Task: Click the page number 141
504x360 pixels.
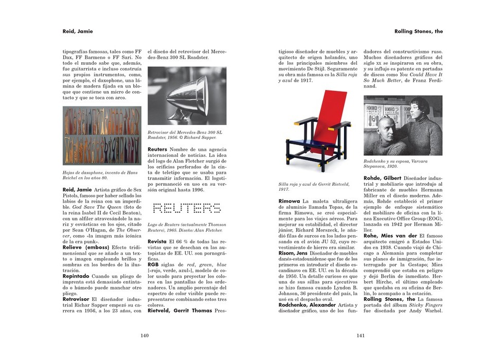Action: pyautogui.click(x=360, y=336)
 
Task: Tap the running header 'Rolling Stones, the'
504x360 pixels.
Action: pyautogui.click(x=419, y=31)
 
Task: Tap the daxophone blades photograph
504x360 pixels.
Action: pyautogui.click(x=101, y=136)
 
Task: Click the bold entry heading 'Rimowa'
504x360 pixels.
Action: pyautogui.click(x=289, y=201)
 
